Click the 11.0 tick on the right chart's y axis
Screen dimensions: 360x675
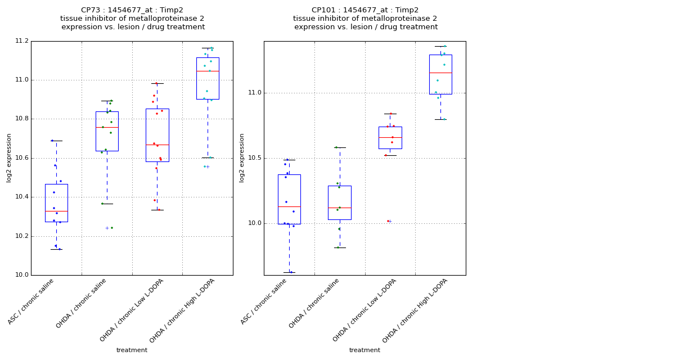[254, 93]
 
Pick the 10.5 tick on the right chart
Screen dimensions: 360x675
[254, 158]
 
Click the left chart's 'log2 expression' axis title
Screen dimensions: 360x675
[10, 158]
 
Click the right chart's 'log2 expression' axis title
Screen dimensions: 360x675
[242, 158]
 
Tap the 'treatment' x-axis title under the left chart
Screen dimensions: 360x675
[132, 350]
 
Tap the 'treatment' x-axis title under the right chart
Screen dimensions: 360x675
[364, 350]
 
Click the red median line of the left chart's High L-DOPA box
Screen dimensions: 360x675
[208, 71]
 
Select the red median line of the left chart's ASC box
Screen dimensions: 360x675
[56, 211]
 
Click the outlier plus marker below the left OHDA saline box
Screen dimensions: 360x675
[107, 228]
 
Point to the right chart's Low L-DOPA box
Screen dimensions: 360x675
[390, 138]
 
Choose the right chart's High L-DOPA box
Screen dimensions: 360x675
[440, 74]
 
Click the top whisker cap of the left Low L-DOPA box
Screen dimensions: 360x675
[157, 83]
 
